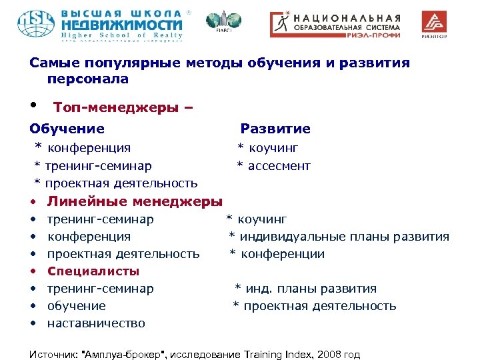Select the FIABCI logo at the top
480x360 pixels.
pos(216,23)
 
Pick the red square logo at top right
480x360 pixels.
pos(435,23)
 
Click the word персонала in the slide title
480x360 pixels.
pos(88,79)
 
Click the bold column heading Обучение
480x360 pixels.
pos(67,129)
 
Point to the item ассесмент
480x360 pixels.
pos(279,165)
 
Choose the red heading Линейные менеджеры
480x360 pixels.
pos(135,201)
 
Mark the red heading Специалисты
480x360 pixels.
pos(93,271)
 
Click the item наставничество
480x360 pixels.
pos(96,323)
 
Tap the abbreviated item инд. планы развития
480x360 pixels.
pos(310,289)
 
